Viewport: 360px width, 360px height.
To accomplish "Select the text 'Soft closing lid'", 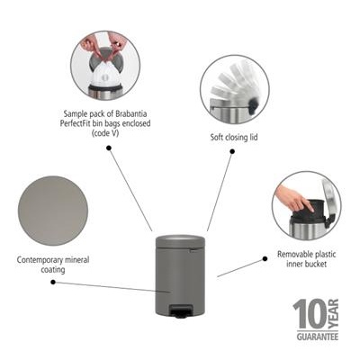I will (x=231, y=138).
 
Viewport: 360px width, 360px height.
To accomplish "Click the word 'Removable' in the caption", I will (x=296, y=255).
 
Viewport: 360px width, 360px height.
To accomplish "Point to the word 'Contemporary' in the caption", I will (x=41, y=259).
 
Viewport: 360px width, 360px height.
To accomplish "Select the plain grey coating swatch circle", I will (x=52, y=211).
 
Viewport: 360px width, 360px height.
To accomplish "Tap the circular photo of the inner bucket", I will (x=306, y=205).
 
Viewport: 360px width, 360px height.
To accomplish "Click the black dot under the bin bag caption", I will (x=108, y=148).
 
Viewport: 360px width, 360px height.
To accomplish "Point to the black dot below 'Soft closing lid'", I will (x=231, y=152).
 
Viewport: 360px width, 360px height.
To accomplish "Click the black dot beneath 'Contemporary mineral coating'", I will (x=52, y=282).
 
